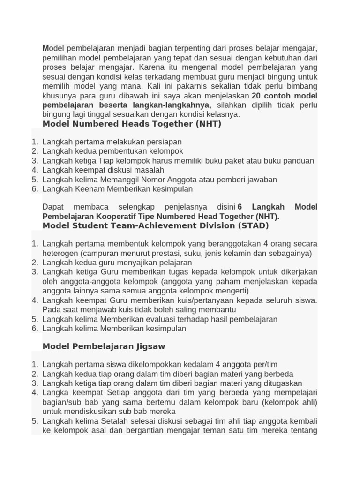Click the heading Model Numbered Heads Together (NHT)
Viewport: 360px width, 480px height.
[x=132, y=124]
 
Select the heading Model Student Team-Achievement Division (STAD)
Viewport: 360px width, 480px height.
[x=156, y=225]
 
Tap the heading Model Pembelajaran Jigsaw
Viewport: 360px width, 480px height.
[x=104, y=346]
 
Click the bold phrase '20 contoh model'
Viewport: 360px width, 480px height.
[x=285, y=96]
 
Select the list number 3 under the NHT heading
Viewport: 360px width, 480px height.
[x=35, y=161]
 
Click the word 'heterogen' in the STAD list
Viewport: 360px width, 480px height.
[x=59, y=253]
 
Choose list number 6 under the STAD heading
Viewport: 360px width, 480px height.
[x=35, y=329]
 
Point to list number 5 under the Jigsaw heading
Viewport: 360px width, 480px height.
[x=35, y=420]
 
